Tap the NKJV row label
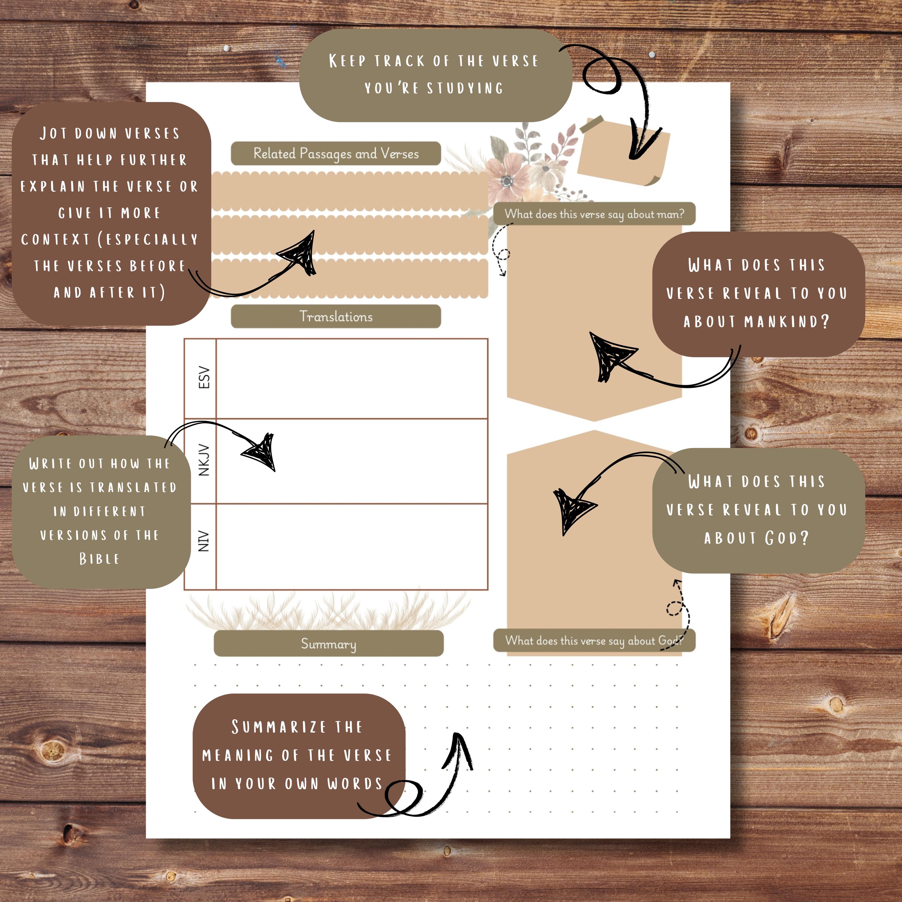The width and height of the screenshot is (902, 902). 204,460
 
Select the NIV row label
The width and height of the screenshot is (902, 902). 204,541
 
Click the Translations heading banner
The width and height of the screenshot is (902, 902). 336,317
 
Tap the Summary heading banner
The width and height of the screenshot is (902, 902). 328,644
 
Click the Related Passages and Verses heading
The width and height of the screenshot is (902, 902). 336,154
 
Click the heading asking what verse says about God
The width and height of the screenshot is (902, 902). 594,640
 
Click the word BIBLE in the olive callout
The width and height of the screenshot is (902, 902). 99,559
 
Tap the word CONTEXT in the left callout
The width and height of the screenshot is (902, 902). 55,240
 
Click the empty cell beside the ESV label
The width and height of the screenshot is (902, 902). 351,379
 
